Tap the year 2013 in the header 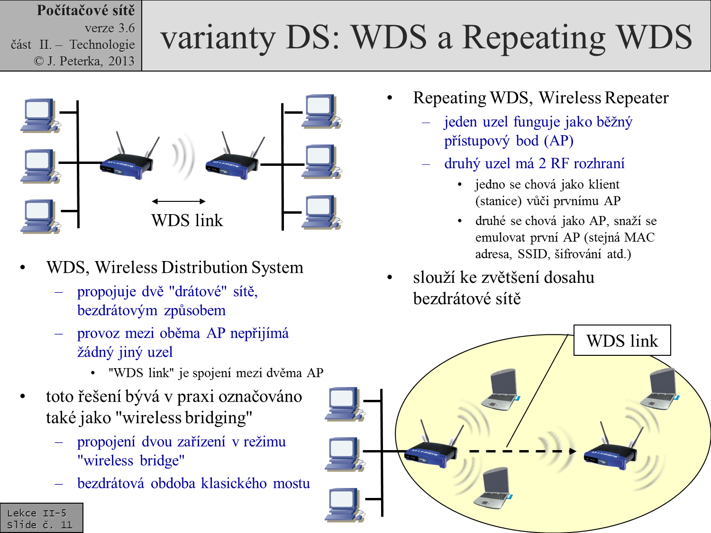point(121,61)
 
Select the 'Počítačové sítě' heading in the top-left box point(86,10)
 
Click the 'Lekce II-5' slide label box point(41,518)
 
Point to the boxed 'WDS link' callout point(622,341)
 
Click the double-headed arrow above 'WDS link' point(179,201)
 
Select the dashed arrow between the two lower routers point(521,451)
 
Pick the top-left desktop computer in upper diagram point(40,116)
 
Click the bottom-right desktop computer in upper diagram point(321,212)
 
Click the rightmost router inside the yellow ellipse point(611,452)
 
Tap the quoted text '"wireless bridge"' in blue point(131,461)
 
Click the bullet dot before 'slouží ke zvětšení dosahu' point(390,277)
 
